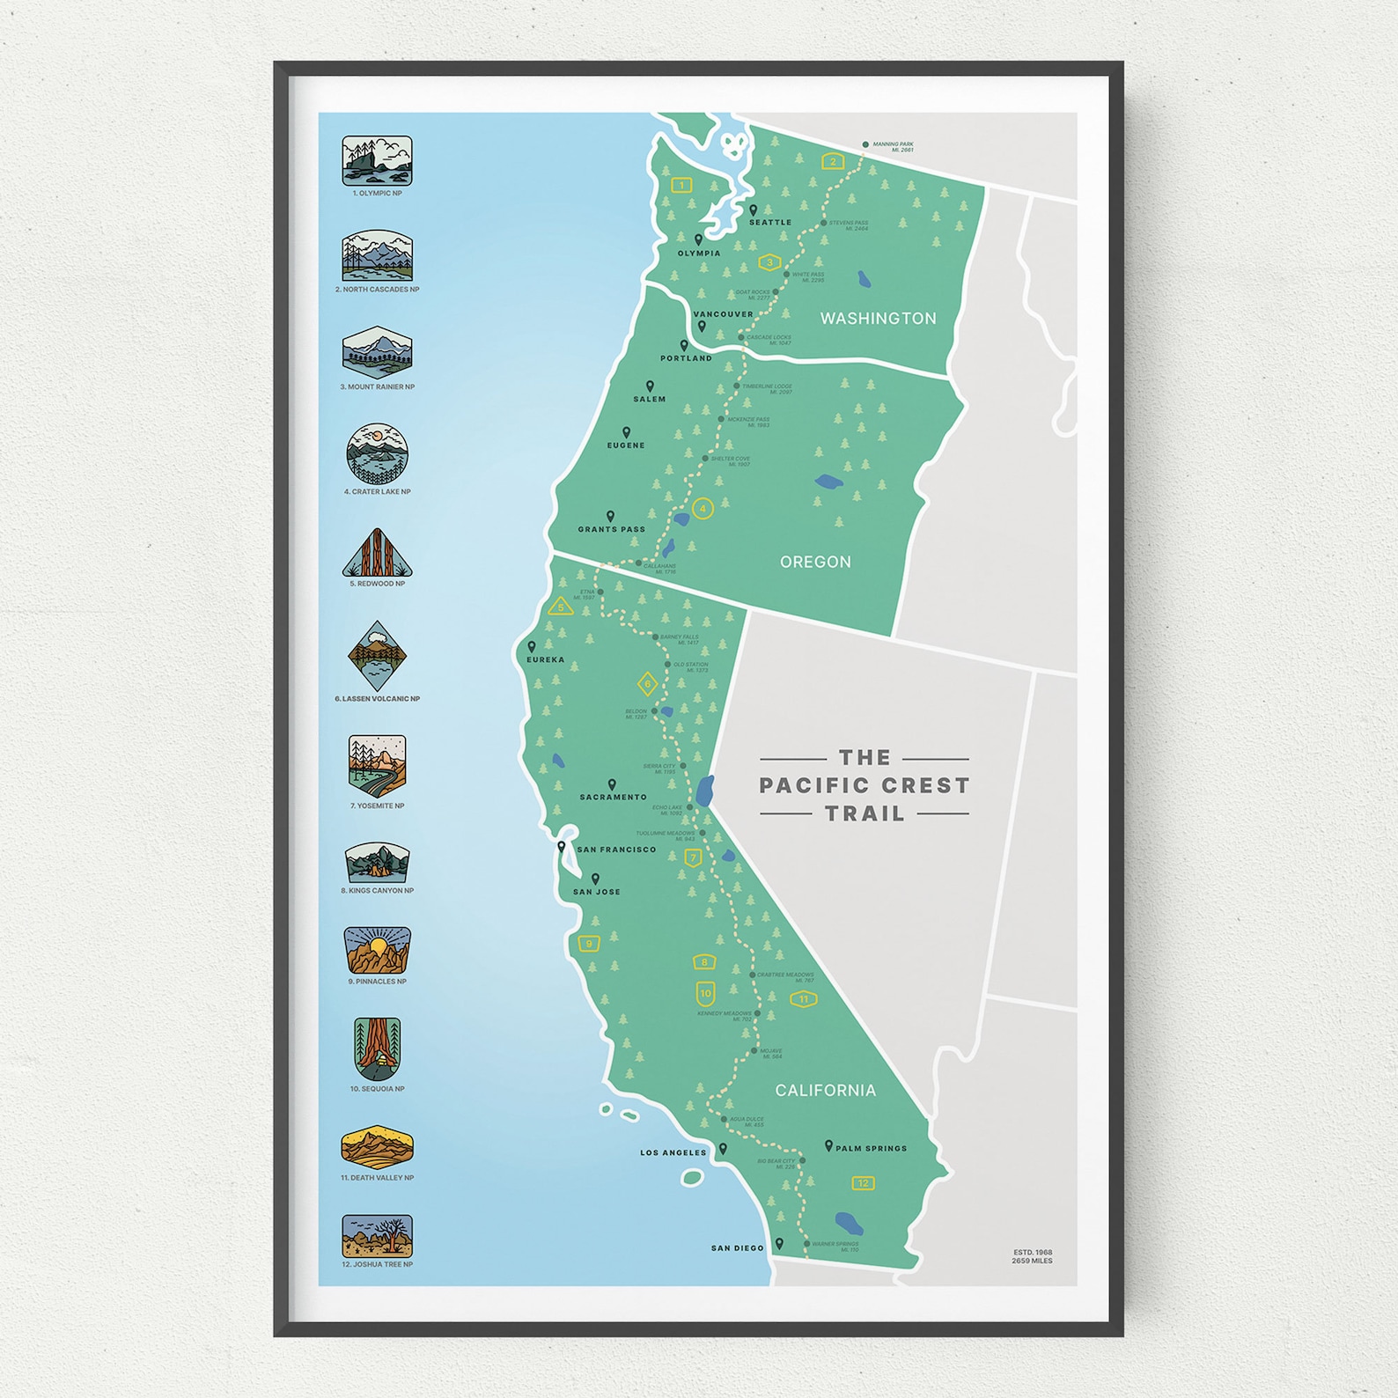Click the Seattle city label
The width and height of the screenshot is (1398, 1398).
pos(770,223)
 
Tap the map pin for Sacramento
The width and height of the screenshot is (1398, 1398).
pos(612,784)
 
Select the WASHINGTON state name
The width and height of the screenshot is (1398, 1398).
pos(878,318)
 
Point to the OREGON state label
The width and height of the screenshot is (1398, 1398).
pos(815,562)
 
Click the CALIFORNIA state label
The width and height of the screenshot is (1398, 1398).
pos(825,1090)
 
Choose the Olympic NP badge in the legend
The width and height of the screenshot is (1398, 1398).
pos(377,160)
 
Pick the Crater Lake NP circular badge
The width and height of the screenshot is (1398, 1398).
pos(377,453)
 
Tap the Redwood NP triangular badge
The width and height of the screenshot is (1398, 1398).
pos(377,554)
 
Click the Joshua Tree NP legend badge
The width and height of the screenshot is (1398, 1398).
pos(377,1235)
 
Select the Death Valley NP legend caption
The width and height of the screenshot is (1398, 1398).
pos(377,1178)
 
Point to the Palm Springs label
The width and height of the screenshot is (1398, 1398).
pos(871,1148)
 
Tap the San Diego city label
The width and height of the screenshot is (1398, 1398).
pos(737,1248)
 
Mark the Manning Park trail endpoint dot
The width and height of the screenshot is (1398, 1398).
pos(865,144)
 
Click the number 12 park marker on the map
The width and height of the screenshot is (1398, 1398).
pos(863,1183)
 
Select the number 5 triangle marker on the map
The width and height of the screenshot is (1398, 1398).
pos(561,607)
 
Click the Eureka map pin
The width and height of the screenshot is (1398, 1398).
pos(532,646)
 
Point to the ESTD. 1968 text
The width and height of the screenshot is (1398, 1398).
pos(1032,1252)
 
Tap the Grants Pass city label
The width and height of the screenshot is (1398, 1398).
pos(611,529)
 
